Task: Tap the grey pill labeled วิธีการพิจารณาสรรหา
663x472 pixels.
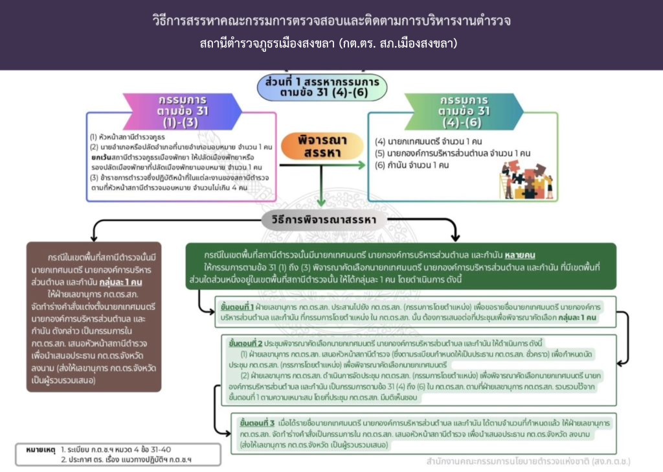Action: pos(322,220)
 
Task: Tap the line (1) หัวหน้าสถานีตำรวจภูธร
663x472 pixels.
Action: pos(128,137)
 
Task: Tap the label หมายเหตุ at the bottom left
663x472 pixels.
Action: pos(39,449)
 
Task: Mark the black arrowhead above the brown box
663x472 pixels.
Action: pos(96,234)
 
